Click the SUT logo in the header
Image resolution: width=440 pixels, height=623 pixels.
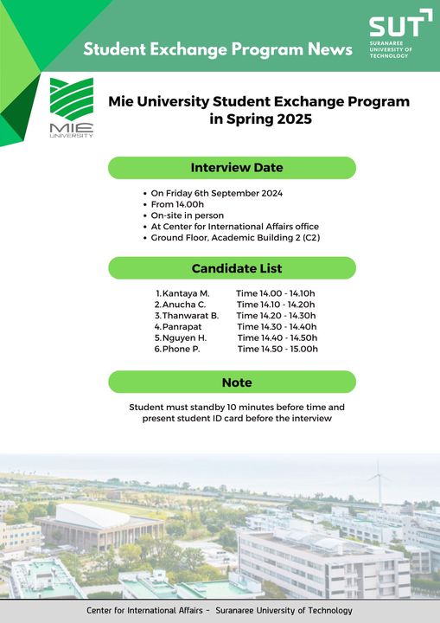coord(400,34)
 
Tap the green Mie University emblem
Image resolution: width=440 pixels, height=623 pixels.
coord(72,99)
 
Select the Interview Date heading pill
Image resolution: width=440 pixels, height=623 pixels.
coord(232,168)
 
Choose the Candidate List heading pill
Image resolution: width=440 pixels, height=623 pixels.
coord(232,268)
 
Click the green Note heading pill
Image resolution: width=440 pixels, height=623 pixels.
coord(232,382)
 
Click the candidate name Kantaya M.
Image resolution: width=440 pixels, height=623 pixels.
coord(186,293)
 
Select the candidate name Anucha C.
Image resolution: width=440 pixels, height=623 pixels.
coord(184,305)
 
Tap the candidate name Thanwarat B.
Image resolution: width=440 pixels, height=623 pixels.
coord(191,316)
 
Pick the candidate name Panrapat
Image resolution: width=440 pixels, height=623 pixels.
coord(182,327)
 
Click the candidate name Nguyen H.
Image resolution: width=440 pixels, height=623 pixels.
coord(185,338)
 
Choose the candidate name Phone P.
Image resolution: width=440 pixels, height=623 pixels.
coord(181,350)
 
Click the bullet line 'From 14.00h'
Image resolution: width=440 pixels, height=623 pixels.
coord(177,204)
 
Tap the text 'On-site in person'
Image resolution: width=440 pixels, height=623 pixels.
coord(188,215)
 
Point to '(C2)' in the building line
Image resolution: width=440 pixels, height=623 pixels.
coord(311,238)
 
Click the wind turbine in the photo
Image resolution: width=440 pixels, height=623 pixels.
coord(379,483)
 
